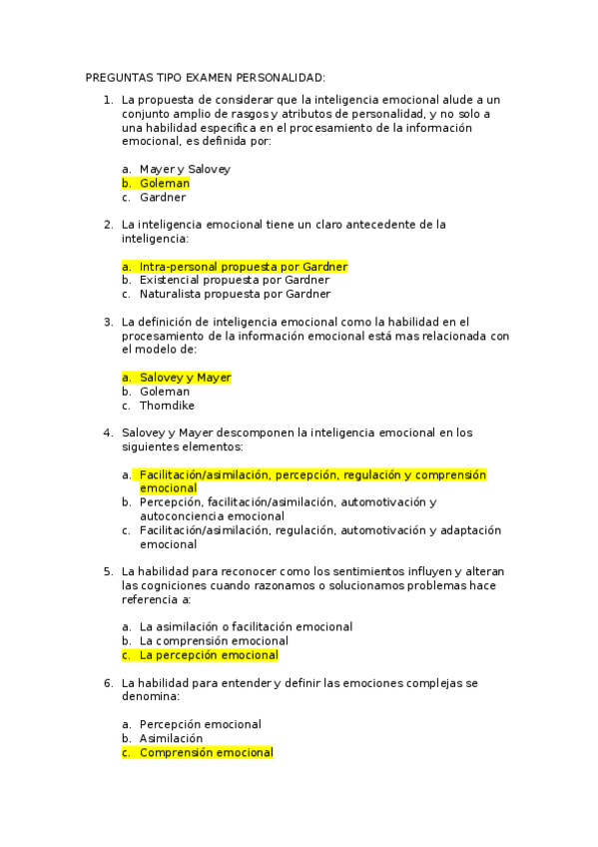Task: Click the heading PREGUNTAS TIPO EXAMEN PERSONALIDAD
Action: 206,77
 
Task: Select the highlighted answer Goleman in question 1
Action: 164,184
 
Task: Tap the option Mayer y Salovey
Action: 185,170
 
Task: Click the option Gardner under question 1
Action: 163,198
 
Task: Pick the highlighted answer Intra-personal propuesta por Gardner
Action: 243,267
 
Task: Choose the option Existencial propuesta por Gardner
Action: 235,281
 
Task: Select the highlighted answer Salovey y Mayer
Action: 185,378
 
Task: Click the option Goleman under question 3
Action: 164,392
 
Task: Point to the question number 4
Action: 107,433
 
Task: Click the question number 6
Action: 107,682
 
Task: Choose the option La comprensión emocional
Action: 214,641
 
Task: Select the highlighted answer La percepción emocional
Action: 208,655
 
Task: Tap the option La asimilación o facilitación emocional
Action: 246,627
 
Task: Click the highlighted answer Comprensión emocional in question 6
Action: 206,752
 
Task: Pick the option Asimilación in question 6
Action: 171,738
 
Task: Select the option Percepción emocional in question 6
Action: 200,724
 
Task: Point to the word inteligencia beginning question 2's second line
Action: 153,239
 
